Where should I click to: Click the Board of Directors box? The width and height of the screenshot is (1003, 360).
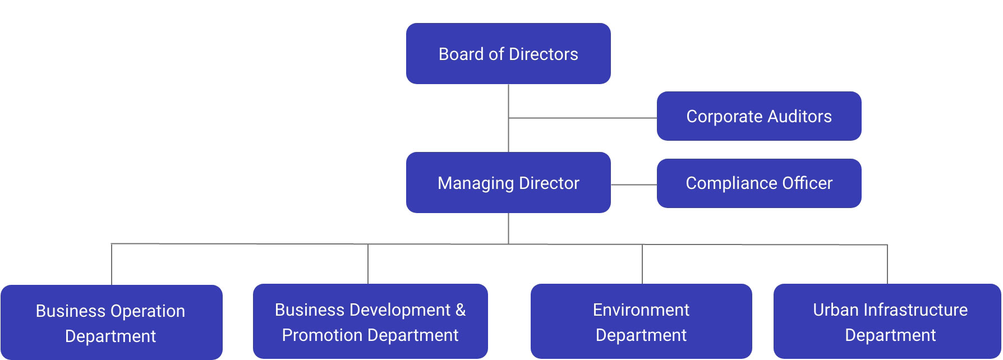(508, 54)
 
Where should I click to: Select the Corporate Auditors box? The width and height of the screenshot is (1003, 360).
(758, 116)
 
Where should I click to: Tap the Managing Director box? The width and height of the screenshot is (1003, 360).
(508, 183)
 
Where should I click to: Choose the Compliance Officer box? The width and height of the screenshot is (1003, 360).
(758, 183)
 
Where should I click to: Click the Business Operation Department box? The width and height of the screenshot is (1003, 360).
(111, 322)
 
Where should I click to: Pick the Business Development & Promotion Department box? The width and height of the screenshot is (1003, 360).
(370, 321)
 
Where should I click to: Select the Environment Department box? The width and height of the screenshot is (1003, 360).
(641, 321)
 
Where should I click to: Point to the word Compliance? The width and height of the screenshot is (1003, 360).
(722, 184)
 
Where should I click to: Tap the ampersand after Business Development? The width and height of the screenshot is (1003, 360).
(461, 310)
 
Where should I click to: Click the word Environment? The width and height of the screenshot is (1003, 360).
(641, 310)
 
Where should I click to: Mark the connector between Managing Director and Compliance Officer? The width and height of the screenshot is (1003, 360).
(634, 184)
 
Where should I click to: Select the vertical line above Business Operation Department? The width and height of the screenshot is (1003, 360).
(112, 264)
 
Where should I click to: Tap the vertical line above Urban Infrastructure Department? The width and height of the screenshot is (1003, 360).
(887, 264)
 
